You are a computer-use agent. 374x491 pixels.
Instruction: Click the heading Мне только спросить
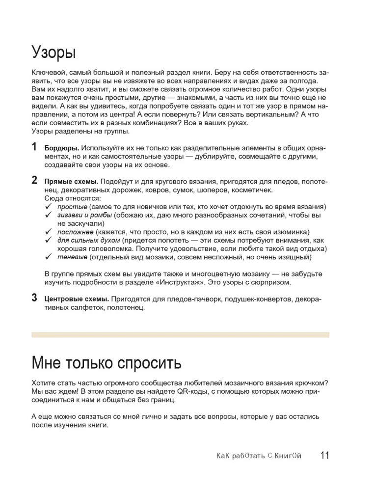(106, 363)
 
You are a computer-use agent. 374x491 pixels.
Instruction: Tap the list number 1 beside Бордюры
(34, 146)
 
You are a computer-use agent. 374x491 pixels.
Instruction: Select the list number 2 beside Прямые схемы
(34, 180)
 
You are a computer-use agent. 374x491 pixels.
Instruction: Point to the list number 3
(34, 297)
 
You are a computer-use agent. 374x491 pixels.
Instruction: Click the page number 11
(324, 456)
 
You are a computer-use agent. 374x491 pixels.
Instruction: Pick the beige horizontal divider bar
(180, 334)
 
